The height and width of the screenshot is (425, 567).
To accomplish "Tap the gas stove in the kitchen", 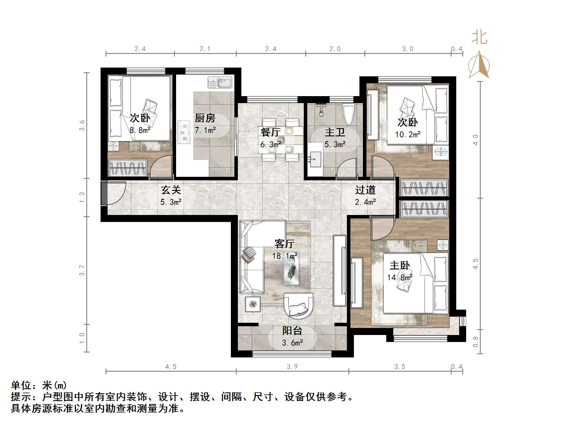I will pos(184,133).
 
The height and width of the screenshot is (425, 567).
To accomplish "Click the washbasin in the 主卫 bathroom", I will pos(315,159).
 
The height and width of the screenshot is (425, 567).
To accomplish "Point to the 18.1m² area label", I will pos(285,256).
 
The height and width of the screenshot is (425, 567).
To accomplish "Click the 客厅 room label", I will pos(285,244).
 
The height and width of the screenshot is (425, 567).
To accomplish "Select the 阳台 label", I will pos(292,331).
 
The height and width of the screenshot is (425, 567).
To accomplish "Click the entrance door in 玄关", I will pos(104,193).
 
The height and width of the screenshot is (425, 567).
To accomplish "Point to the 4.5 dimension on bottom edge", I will pos(171,367).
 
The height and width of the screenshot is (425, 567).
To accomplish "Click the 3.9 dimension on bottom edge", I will pos(292,367).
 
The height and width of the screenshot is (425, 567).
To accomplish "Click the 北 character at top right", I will pos(480,38).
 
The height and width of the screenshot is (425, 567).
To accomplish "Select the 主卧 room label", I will pos(400,265).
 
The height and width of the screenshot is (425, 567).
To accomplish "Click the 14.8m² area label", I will pos(400,277).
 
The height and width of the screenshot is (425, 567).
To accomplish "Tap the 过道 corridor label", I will pos(365,190).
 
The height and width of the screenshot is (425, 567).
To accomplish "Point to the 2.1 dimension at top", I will pos(205,49).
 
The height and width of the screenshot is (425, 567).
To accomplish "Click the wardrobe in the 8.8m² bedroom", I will pos(128,168).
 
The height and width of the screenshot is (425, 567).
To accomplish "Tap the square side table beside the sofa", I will pos(252,304).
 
